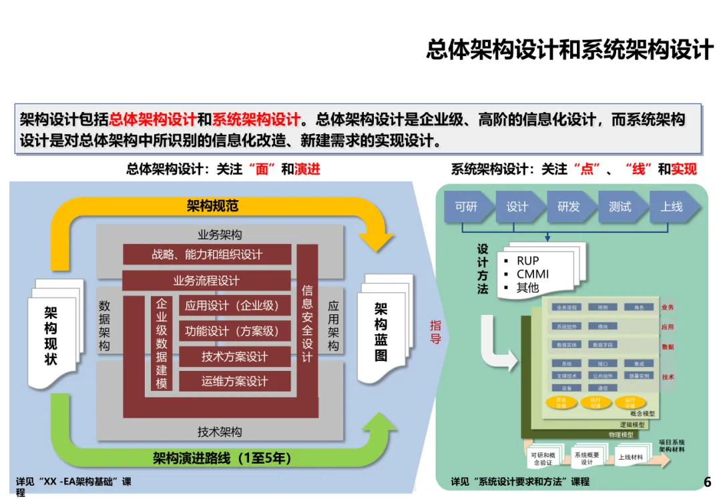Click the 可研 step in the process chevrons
click(x=466, y=207)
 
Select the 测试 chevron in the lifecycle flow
click(x=620, y=207)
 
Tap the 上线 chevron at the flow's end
click(x=672, y=207)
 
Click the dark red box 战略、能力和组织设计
click(x=207, y=255)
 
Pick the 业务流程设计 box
click(x=206, y=281)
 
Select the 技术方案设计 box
click(x=234, y=357)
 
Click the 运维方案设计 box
click(x=234, y=382)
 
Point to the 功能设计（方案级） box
click(x=234, y=331)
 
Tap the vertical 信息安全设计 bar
click(x=307, y=324)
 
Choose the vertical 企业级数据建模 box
click(x=162, y=343)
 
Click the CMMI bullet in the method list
click(x=532, y=274)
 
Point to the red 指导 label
click(x=435, y=332)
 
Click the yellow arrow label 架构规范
click(x=212, y=206)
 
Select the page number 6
click(x=708, y=482)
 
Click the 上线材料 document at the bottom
click(x=630, y=457)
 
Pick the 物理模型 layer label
click(x=622, y=434)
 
